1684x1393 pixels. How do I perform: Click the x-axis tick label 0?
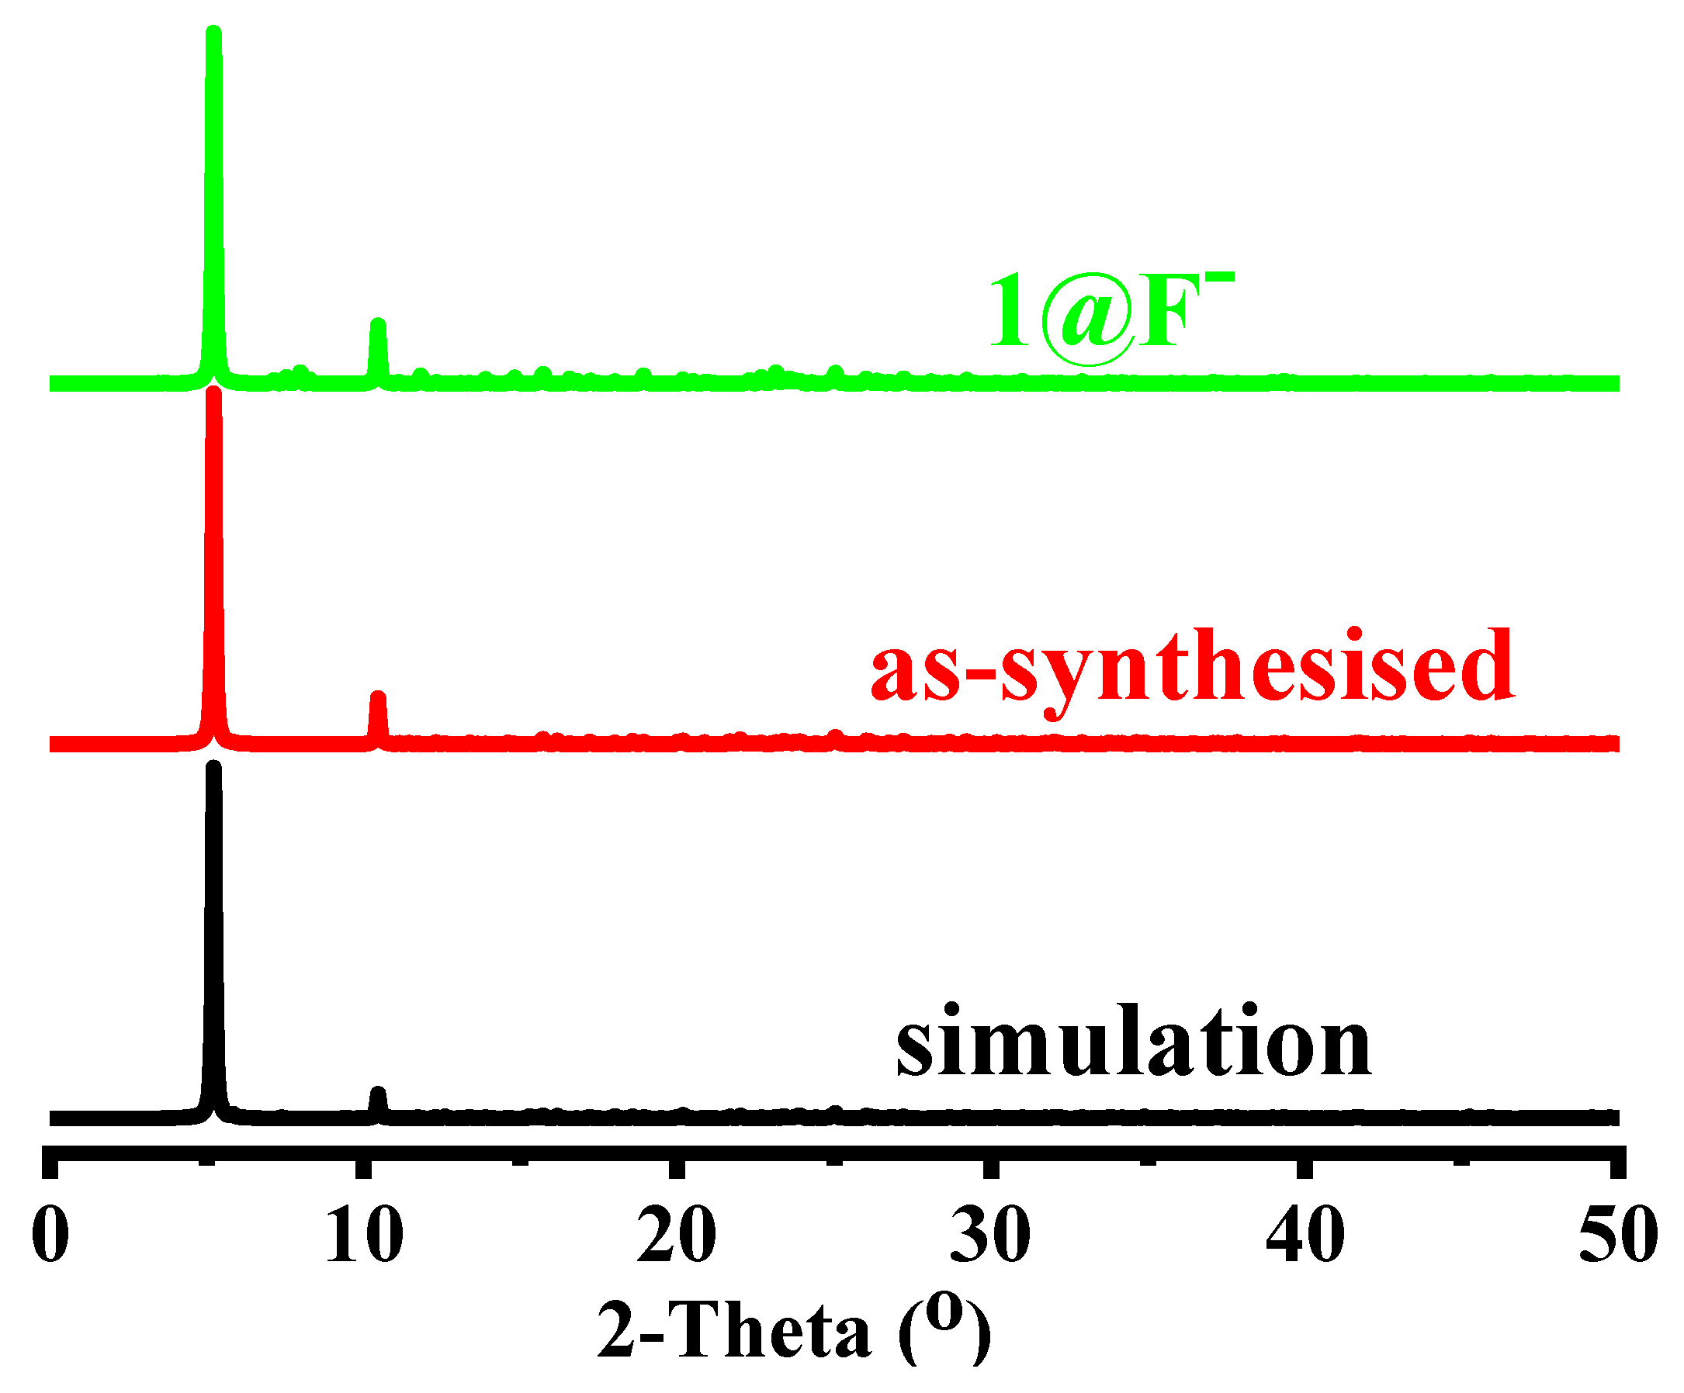click(x=50, y=1235)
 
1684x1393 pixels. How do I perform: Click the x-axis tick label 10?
click(x=363, y=1235)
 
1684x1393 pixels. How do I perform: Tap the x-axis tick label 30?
click(x=990, y=1235)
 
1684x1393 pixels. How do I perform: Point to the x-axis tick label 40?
click(x=1305, y=1235)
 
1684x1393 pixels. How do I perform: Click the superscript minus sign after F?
click(x=1224, y=278)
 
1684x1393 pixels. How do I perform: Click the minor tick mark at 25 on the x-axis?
click(x=833, y=1159)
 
